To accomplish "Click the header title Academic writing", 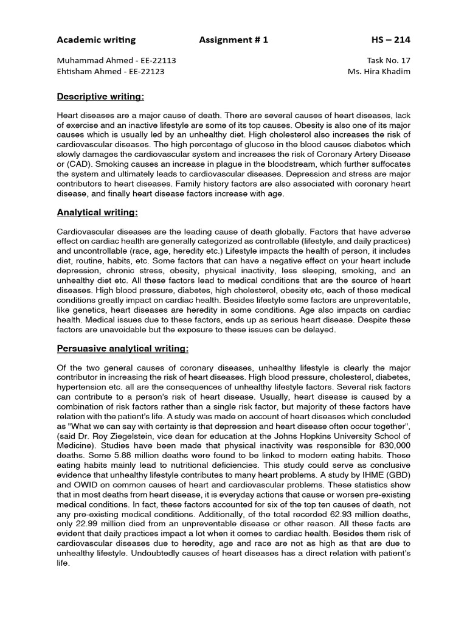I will (96, 40).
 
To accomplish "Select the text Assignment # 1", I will (233, 40).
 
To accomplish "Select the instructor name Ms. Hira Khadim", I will (377, 71).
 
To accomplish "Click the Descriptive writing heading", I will (100, 97).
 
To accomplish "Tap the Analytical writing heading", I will (97, 212).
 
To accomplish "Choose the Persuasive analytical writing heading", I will (123, 349).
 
